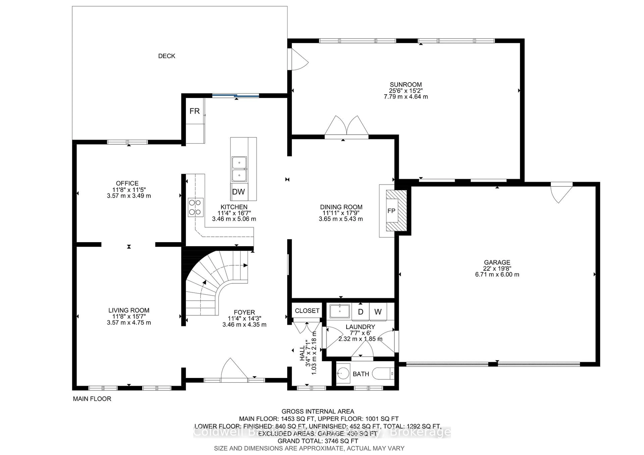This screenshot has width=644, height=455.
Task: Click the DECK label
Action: pyautogui.click(x=167, y=56)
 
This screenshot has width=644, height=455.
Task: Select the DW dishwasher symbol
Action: pyautogui.click(x=238, y=192)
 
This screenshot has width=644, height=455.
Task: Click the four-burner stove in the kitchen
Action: pyautogui.click(x=196, y=207)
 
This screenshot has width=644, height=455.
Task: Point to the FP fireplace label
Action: pyautogui.click(x=391, y=211)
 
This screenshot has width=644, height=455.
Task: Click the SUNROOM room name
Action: pyautogui.click(x=406, y=84)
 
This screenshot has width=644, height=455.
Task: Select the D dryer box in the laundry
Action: pyautogui.click(x=361, y=312)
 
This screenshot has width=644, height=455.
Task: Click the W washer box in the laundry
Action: pyautogui.click(x=378, y=312)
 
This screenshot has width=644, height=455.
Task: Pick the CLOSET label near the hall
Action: pyautogui.click(x=307, y=311)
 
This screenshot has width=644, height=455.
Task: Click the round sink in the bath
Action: pyautogui.click(x=343, y=373)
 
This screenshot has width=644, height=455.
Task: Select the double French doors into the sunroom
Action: pyautogui.click(x=347, y=126)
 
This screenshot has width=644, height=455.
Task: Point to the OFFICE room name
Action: pyautogui.click(x=127, y=183)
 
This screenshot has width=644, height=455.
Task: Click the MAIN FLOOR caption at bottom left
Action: pyautogui.click(x=92, y=399)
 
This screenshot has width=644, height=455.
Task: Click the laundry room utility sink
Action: pyautogui.click(x=340, y=311)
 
